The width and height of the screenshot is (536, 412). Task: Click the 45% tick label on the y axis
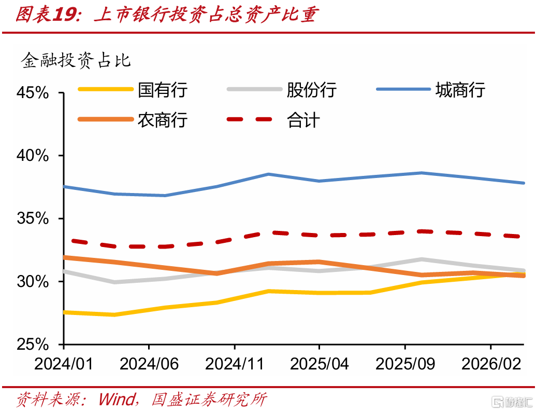tap(33, 93)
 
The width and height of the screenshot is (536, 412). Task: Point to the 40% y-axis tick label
tap(33, 156)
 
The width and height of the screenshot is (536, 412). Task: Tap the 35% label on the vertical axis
tap(33, 218)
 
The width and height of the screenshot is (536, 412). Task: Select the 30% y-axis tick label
tap(33, 282)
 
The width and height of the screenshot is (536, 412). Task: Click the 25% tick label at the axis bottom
tap(33, 344)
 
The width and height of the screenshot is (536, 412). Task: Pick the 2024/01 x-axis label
tap(64, 364)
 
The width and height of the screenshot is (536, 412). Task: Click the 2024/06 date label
tap(149, 364)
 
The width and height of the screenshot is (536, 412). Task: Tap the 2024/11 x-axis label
tap(235, 364)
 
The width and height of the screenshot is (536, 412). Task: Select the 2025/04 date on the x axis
tap(320, 364)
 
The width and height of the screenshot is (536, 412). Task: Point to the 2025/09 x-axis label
tap(405, 364)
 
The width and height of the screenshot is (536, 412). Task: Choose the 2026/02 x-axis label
tap(491, 364)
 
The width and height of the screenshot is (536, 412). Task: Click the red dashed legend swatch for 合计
tap(249, 119)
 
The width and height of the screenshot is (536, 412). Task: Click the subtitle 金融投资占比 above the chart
tap(76, 61)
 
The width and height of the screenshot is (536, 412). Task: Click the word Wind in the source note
tap(117, 400)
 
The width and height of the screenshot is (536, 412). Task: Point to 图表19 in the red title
tap(48, 15)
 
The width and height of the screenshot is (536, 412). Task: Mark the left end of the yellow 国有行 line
tap(64, 312)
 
